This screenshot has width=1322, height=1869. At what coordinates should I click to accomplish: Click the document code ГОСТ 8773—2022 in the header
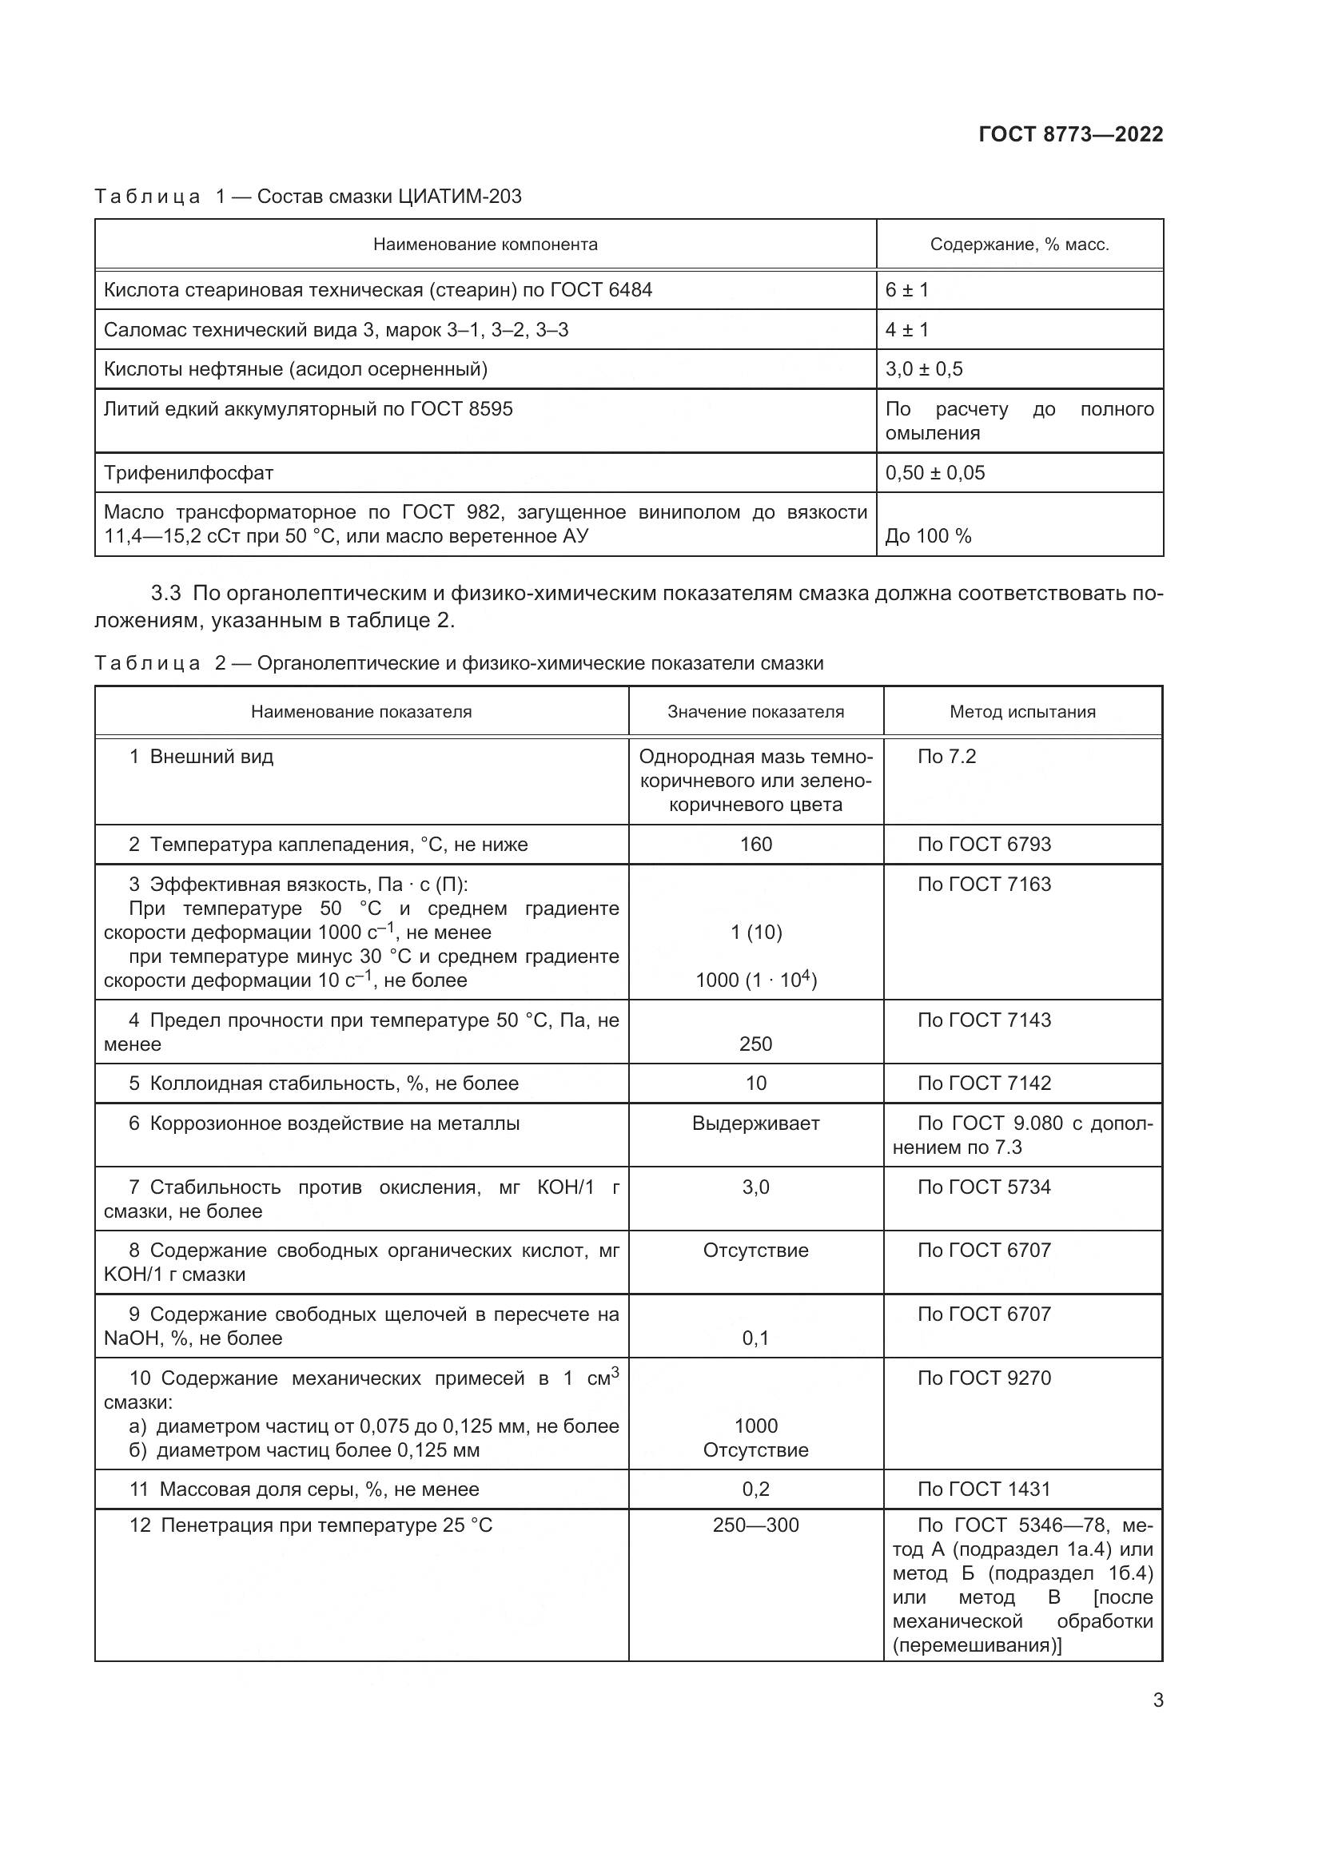point(1070,134)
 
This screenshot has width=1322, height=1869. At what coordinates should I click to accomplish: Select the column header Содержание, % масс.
point(1019,245)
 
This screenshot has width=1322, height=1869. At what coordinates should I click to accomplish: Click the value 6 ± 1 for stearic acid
point(907,290)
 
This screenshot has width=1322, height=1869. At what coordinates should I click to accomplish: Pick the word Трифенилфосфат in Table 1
point(188,472)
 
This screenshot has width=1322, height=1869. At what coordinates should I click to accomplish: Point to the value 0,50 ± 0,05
point(934,472)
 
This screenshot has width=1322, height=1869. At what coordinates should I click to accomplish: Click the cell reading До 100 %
point(928,535)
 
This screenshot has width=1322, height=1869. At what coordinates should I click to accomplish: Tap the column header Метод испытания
point(1022,711)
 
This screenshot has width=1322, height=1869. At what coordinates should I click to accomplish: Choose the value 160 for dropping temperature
point(755,844)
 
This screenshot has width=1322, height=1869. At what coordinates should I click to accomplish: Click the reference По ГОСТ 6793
point(983,844)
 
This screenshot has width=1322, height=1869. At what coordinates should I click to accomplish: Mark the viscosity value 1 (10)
point(755,932)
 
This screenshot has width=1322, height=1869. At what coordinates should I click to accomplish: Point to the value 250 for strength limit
point(755,1044)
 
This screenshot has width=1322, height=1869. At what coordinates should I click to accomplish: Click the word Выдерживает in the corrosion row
point(755,1123)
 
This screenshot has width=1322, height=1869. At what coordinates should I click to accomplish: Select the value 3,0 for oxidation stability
point(755,1187)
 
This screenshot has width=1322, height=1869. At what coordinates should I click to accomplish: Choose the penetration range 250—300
point(755,1525)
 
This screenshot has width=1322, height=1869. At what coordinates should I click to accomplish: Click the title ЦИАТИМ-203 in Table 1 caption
point(459,197)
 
